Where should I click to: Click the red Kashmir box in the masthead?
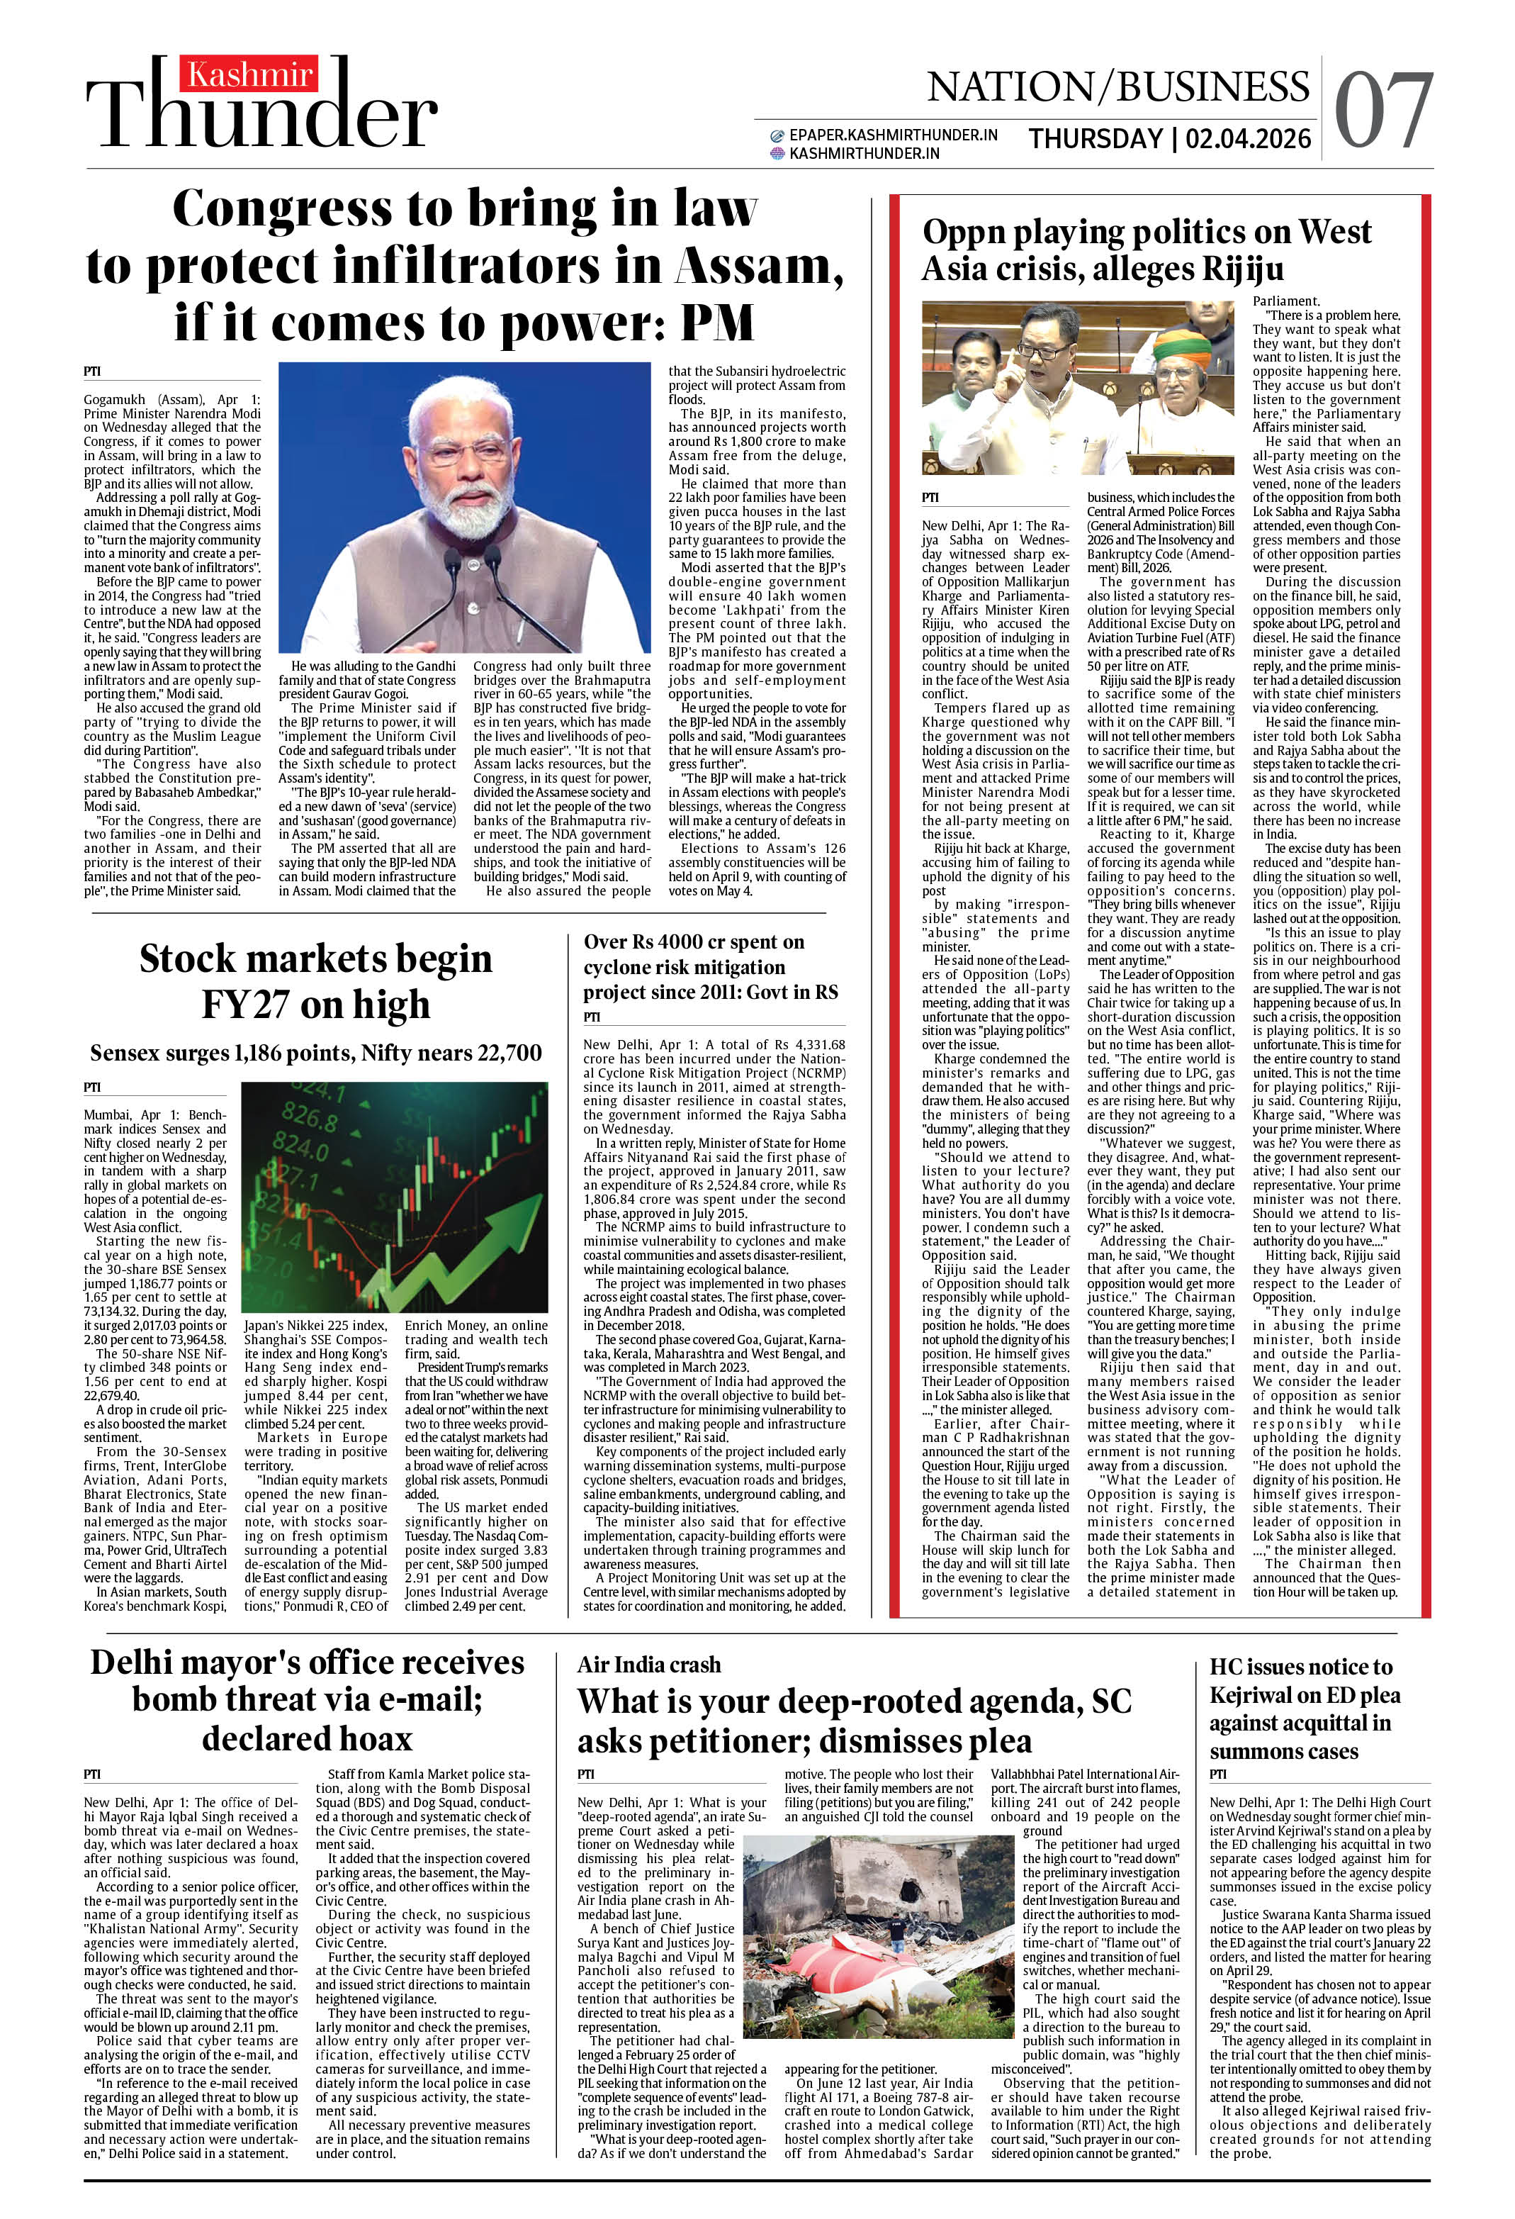[249, 74]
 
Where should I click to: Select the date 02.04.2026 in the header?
[1248, 140]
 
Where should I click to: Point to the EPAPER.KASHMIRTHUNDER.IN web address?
[893, 135]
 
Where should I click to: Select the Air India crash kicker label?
[648, 1665]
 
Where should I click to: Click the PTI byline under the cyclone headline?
[592, 1017]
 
